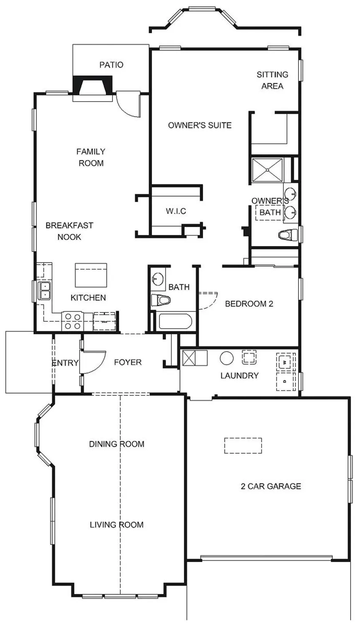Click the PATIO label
(x=111, y=65)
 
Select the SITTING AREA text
(x=273, y=80)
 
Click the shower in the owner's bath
(x=267, y=170)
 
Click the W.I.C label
(x=176, y=211)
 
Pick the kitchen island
(x=91, y=275)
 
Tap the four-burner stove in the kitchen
(x=72, y=321)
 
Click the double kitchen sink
(x=45, y=291)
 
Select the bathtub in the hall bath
(x=175, y=322)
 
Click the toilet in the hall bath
(x=160, y=301)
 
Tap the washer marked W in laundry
(x=285, y=362)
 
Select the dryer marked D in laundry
(x=285, y=381)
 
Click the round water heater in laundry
(x=226, y=358)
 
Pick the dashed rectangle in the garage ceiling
(x=243, y=445)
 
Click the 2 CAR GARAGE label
(x=271, y=486)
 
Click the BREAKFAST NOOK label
(x=69, y=231)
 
